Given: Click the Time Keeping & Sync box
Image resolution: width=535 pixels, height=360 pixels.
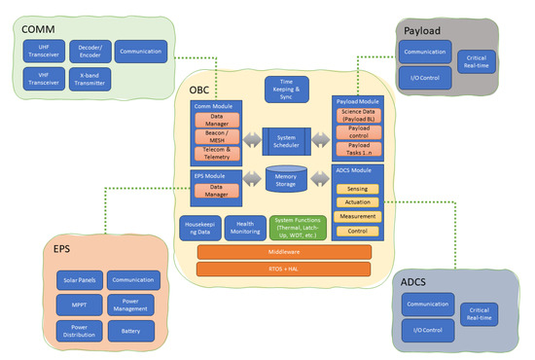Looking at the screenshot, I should click(x=285, y=89).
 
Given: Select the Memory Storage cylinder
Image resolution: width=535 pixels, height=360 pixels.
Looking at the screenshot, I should click(x=285, y=180).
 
